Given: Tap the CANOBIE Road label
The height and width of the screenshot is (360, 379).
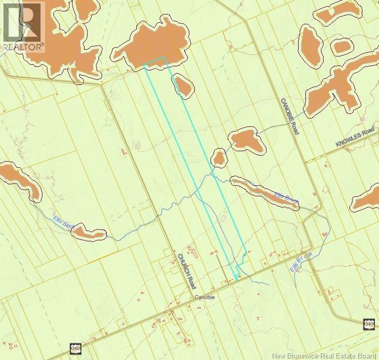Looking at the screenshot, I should (x=290, y=117).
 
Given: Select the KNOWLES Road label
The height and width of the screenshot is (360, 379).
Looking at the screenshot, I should (x=355, y=140).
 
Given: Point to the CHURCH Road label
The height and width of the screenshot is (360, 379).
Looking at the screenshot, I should (x=187, y=271).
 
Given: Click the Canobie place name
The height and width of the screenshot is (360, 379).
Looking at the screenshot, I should (x=205, y=297).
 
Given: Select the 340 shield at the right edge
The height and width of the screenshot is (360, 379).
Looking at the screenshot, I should (x=369, y=324).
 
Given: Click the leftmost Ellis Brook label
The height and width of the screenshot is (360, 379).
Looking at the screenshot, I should (x=64, y=223).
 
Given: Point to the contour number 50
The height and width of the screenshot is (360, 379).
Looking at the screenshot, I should (x=362, y=119).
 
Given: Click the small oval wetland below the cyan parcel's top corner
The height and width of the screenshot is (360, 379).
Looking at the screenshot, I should (x=183, y=85).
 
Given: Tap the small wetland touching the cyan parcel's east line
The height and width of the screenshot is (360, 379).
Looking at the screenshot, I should (x=219, y=157).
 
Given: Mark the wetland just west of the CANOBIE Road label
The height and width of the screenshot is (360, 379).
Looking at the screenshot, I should (x=247, y=141).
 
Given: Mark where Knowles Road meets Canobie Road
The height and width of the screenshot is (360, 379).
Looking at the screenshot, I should (x=306, y=161).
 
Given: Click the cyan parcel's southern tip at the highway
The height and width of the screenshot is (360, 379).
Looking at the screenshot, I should (x=236, y=280).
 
